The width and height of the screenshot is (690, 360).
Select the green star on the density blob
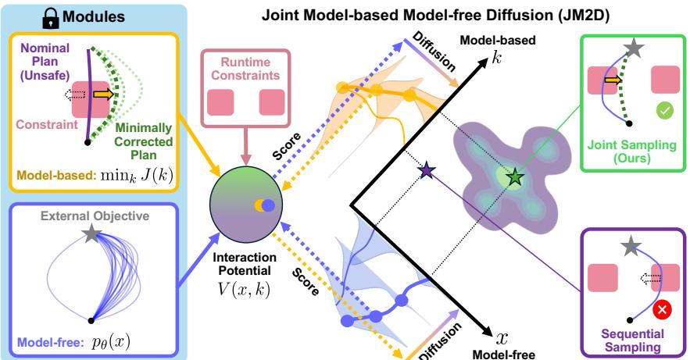513,178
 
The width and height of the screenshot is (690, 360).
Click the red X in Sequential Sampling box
663,310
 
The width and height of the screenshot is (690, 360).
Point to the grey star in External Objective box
93,233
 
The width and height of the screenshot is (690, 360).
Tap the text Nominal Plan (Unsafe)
48,59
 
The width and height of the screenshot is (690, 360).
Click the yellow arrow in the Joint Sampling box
615,79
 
